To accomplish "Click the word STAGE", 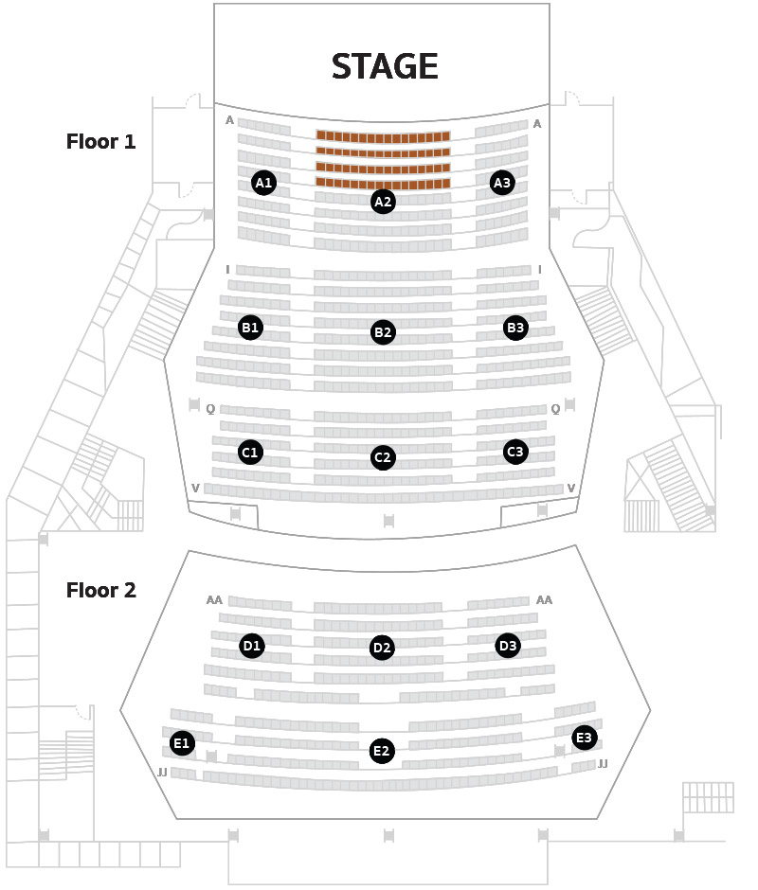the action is pyautogui.click(x=385, y=66).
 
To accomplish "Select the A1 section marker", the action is pyautogui.click(x=263, y=183).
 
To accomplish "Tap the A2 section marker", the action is pyautogui.click(x=383, y=202).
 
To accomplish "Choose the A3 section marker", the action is pyautogui.click(x=502, y=183).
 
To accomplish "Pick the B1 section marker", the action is pyautogui.click(x=250, y=328).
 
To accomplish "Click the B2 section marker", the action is pyautogui.click(x=383, y=332).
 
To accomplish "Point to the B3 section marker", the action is pyautogui.click(x=515, y=328).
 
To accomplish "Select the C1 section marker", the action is pyautogui.click(x=250, y=453).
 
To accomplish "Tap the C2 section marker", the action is pyautogui.click(x=383, y=457).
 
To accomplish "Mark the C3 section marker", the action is pyautogui.click(x=515, y=452).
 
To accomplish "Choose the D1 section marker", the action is pyautogui.click(x=252, y=646).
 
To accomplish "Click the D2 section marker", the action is pyautogui.click(x=382, y=648).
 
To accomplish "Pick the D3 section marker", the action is pyautogui.click(x=508, y=646).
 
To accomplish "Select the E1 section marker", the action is pyautogui.click(x=183, y=743).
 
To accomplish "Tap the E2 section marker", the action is pyautogui.click(x=382, y=751).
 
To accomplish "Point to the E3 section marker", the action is pyautogui.click(x=585, y=738).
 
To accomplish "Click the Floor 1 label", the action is pyautogui.click(x=101, y=141).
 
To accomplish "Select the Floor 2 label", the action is pyautogui.click(x=101, y=590).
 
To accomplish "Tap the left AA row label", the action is pyautogui.click(x=214, y=600).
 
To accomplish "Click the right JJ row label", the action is pyautogui.click(x=603, y=764).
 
